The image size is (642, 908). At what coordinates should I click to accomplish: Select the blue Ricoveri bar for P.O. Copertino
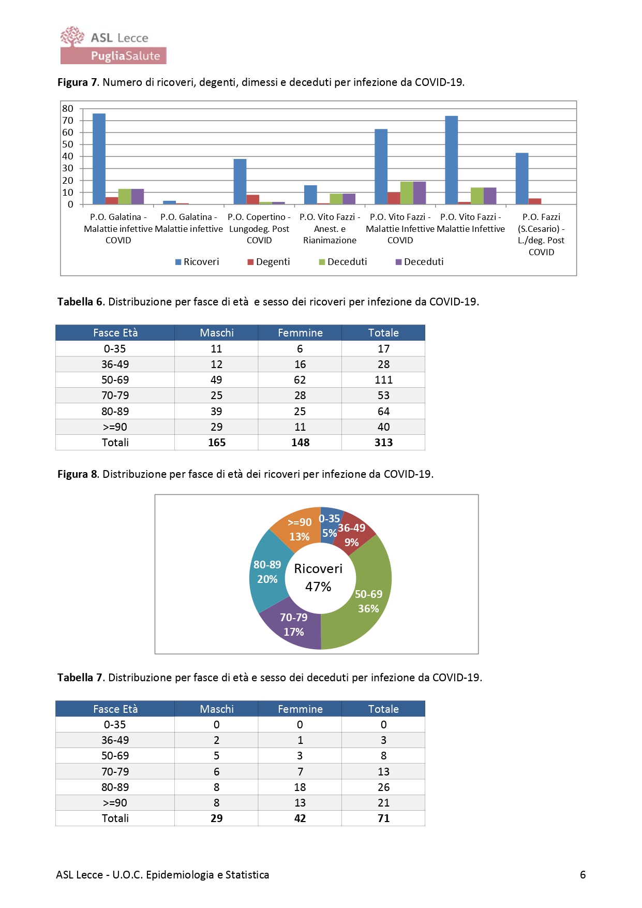pos(240,182)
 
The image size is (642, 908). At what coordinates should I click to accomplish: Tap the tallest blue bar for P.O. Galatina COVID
pos(99,159)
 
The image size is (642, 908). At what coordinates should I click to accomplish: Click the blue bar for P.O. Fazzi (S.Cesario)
pos(522,179)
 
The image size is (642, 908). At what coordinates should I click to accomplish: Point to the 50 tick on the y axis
pos(68,144)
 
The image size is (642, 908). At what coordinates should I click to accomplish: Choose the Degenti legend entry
pos(268,262)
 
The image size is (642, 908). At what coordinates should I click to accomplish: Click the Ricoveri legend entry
pos(197,262)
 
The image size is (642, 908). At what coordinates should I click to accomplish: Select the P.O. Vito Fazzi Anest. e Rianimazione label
pos(330,229)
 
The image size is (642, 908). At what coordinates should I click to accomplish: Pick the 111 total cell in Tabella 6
pos(383,380)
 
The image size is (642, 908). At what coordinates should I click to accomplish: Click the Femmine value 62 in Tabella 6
pos(300,380)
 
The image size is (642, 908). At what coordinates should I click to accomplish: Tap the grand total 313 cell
pos(383,443)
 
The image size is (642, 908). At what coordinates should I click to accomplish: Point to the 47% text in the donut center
pos(318,587)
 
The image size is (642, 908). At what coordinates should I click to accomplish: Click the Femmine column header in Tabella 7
pos(300,709)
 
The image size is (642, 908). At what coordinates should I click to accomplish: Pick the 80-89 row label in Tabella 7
pos(115,787)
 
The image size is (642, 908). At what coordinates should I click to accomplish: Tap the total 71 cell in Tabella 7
pos(383,818)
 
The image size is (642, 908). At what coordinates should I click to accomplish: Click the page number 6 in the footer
pos(583,875)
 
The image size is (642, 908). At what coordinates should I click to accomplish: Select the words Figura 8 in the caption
pos(78,474)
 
